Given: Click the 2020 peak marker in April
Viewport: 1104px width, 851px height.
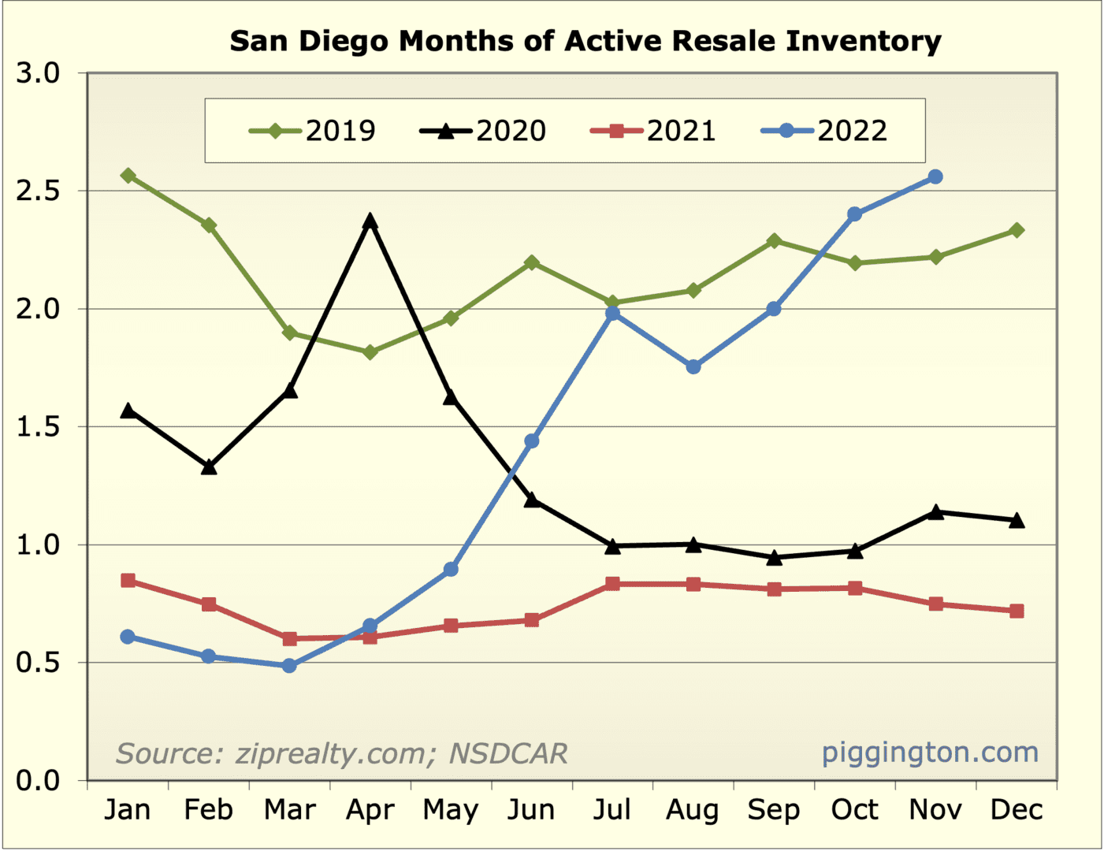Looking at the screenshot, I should click(x=370, y=221).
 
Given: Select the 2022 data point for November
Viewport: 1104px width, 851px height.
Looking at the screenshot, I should click(x=935, y=177).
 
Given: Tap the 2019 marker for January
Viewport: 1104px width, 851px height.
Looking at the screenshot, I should click(x=128, y=175).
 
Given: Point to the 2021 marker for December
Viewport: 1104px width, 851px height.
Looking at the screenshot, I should click(x=1017, y=611).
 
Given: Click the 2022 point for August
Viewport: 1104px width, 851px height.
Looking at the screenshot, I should click(x=693, y=366).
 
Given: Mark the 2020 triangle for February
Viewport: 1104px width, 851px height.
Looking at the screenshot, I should click(x=209, y=467).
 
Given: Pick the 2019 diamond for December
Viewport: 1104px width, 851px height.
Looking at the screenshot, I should click(x=1017, y=230).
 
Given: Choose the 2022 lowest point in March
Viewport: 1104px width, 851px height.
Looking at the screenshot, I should click(x=289, y=666).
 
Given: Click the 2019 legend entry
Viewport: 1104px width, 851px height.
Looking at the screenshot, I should click(x=313, y=131).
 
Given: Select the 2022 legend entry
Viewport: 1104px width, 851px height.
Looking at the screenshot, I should click(x=824, y=131).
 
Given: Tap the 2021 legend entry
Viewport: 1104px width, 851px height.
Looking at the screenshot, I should click(x=653, y=131).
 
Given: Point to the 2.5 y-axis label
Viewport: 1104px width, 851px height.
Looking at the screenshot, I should click(x=38, y=191).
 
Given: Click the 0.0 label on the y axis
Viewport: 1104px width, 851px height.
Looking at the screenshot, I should click(x=38, y=781).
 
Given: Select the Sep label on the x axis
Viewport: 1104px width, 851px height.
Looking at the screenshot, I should click(x=774, y=810).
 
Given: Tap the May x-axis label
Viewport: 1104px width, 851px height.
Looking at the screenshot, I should click(x=451, y=810).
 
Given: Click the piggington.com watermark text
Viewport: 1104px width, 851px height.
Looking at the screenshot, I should click(x=930, y=753).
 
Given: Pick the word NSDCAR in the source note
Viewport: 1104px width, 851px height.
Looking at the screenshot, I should click(x=508, y=754).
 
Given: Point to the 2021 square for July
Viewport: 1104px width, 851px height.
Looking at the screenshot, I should click(x=612, y=584).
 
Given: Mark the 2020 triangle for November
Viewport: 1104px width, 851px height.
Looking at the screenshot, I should click(x=935, y=512).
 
